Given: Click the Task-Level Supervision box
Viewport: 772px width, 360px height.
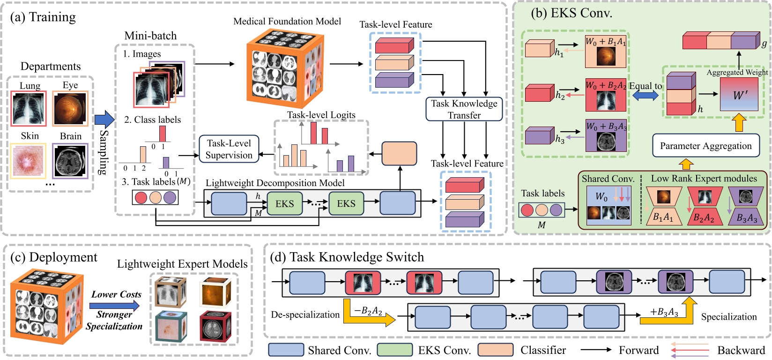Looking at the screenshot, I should pos(229,149).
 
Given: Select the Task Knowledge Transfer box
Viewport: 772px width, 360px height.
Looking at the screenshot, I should pos(464,109).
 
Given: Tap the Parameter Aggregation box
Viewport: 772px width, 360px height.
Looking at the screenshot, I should pos(705,146).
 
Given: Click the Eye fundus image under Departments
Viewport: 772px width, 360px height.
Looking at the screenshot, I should pos(70,108).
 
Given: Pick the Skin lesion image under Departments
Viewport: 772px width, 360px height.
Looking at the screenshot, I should pos(30,161).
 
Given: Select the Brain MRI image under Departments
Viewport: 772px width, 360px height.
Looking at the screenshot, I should pos(70,161).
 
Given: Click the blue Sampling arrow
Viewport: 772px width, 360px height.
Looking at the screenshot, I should pos(104,120).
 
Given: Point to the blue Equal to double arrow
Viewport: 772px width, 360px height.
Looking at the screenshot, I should pos(645,95).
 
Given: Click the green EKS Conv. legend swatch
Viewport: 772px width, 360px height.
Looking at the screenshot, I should pos(394,350).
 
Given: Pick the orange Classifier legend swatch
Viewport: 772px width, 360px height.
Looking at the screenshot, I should pos(496,350).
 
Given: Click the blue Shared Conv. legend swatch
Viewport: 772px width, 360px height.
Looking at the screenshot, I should pos(286,350).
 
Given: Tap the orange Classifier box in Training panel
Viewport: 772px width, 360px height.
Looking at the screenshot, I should pos(399,154).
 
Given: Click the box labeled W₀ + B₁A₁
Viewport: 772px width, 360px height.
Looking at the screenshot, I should pos(605,52).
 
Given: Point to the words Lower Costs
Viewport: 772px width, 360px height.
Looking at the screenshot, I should pos(116,294).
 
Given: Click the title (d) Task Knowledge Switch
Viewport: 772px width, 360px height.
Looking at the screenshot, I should pos(347,257).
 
